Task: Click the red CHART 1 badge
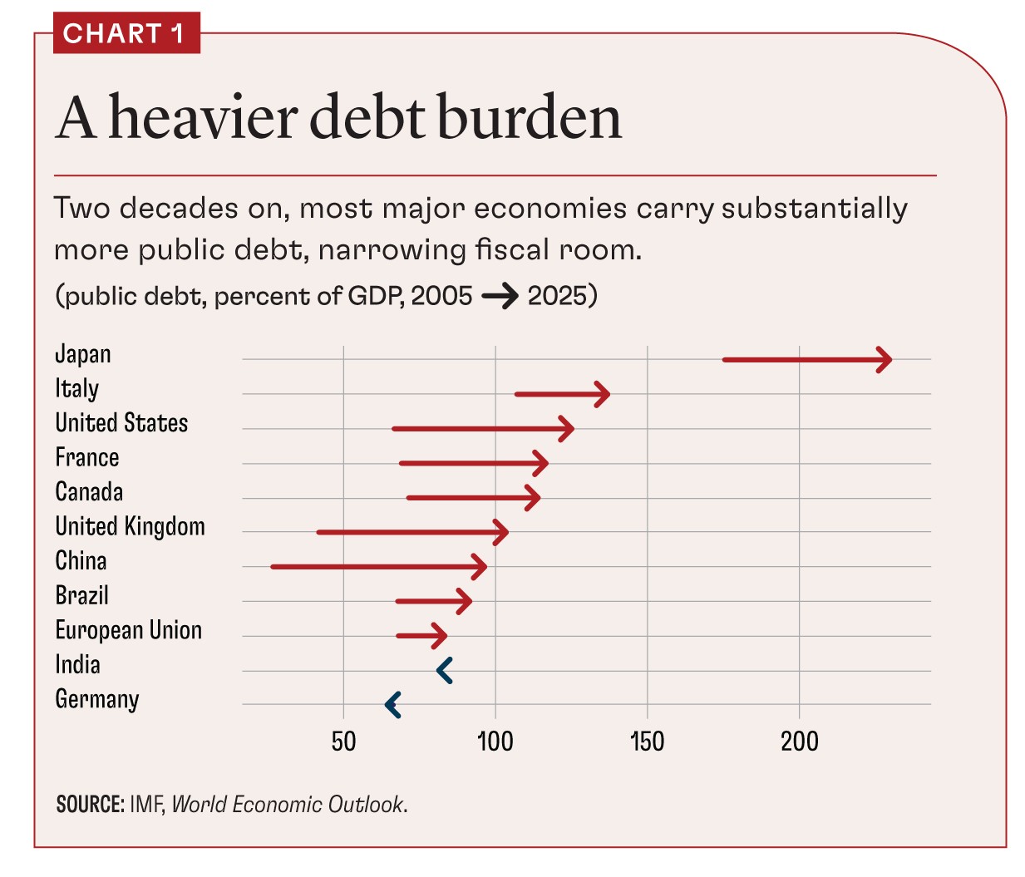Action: point(126,33)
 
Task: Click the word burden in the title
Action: point(529,117)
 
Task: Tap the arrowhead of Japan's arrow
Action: point(886,360)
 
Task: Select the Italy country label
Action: point(76,388)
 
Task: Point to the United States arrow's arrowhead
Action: point(568,429)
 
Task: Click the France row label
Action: point(86,457)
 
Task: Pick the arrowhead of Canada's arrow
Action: point(534,498)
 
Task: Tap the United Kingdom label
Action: point(130,526)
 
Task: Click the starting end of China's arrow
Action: point(273,567)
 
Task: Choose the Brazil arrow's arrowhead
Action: point(466,601)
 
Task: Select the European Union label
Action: point(128,630)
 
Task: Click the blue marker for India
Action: point(445,670)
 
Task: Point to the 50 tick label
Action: point(343,741)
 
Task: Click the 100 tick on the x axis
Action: point(495,741)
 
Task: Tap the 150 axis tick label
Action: point(647,741)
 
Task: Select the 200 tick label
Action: point(799,741)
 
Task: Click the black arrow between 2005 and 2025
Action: point(500,296)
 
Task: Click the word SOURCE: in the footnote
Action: point(90,805)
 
